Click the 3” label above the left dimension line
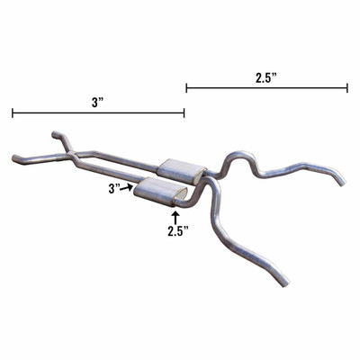pos(97,103)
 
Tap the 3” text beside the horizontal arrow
pos(114,188)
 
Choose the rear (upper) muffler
pos(183,168)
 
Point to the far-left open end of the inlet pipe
pos(15,159)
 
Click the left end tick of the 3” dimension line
pos(13,113)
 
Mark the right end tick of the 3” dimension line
pos(184,113)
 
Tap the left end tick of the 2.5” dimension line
pos(186,88)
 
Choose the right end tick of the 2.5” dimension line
pos(347,88)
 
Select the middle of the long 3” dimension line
pos(98,113)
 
